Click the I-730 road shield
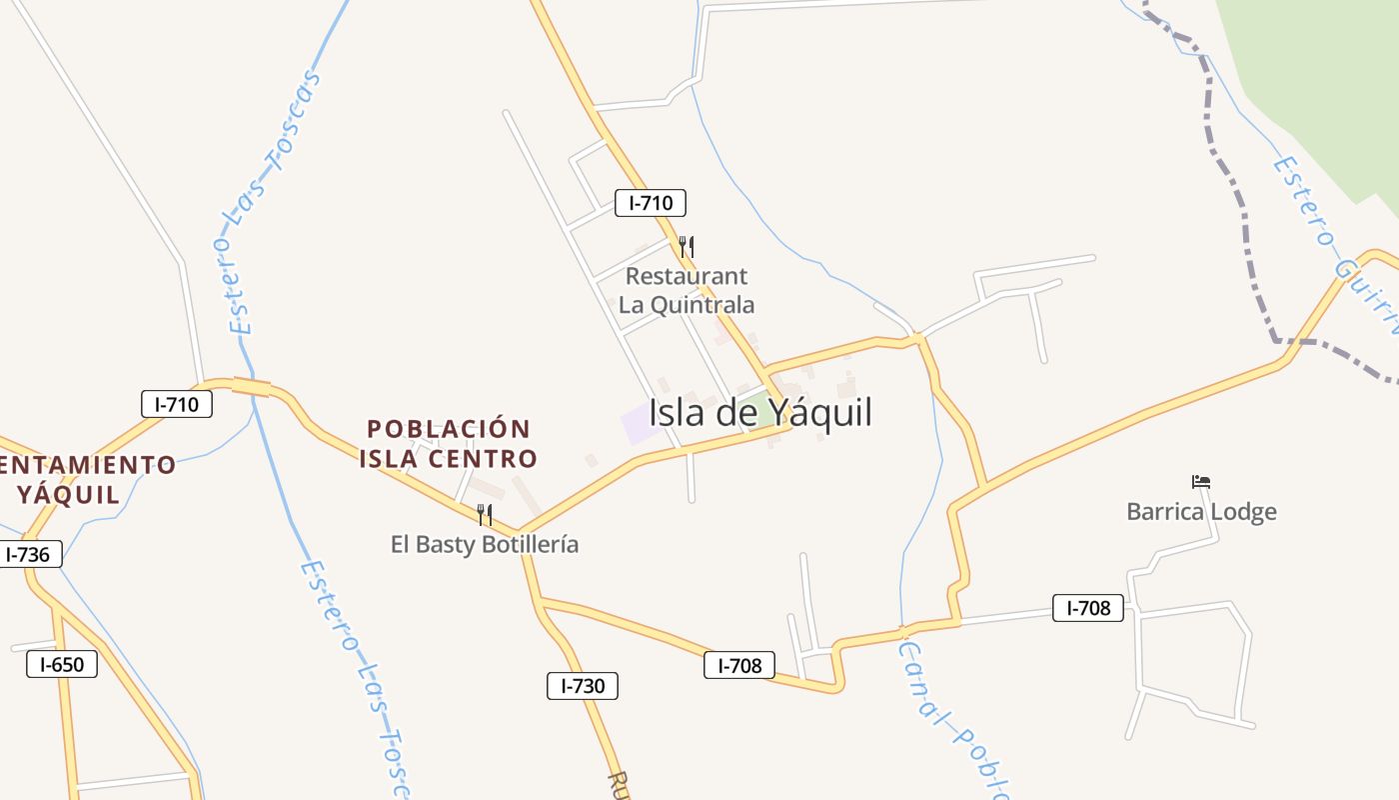click(x=583, y=686)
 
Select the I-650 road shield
click(x=62, y=664)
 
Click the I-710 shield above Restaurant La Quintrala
click(x=650, y=203)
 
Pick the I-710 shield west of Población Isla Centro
click(x=177, y=404)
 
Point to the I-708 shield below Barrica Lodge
click(x=1087, y=607)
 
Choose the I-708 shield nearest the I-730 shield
click(x=739, y=665)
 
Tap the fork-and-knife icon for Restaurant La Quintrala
click(x=686, y=246)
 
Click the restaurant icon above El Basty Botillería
click(x=485, y=515)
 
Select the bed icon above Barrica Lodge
click(x=1201, y=482)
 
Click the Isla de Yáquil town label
click(x=760, y=412)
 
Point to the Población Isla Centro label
click(x=449, y=444)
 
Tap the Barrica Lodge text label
click(x=1201, y=512)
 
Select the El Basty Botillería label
click(x=485, y=544)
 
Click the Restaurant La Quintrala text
click(x=686, y=290)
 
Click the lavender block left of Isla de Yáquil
click(x=638, y=424)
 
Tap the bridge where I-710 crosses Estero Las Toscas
click(x=252, y=387)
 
